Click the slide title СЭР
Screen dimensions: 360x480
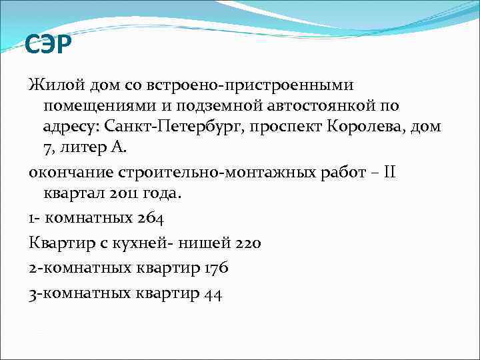pos(48,46)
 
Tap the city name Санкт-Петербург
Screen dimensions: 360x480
pos(190,127)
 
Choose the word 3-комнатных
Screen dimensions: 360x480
pos(78,293)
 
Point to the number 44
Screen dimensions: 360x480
pos(213,293)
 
